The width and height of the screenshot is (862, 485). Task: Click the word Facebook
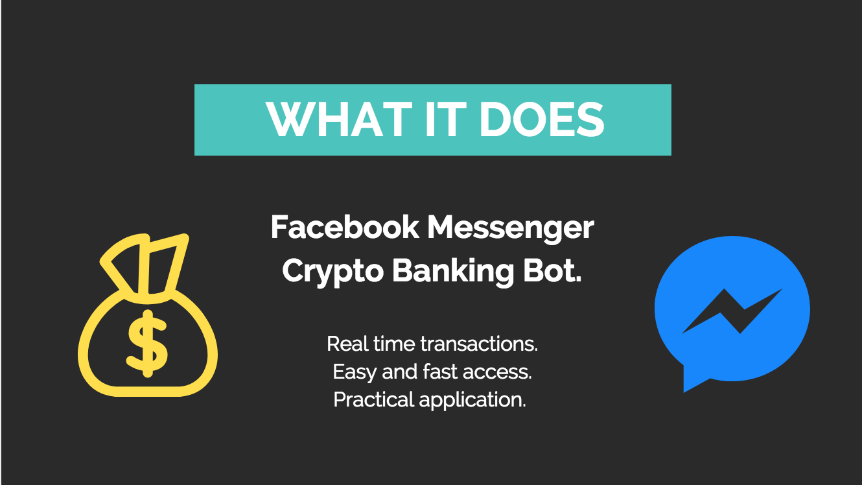click(344, 228)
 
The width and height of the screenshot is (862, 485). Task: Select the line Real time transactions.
click(432, 344)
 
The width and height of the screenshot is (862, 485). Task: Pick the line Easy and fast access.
click(432, 372)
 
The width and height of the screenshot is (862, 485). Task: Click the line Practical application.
click(430, 400)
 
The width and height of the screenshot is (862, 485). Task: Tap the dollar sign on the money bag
click(148, 344)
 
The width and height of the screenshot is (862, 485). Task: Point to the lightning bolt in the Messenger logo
click(732, 311)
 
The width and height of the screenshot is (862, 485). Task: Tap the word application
click(472, 400)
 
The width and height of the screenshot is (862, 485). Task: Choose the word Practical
click(374, 400)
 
